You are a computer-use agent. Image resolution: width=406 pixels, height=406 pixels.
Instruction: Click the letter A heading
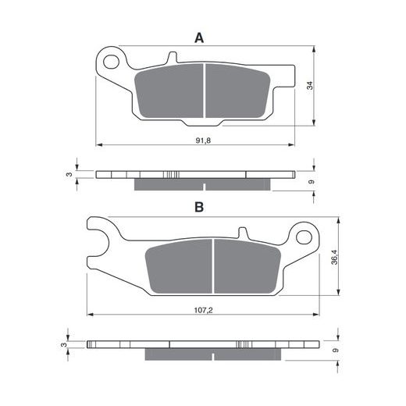199,38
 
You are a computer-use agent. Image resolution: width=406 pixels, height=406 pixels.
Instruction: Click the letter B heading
199,207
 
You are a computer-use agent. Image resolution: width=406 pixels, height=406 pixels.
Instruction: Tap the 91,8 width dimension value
203,141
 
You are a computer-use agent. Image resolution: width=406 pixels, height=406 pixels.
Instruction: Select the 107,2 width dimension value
203,310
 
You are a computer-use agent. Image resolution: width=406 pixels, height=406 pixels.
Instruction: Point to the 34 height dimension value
310,86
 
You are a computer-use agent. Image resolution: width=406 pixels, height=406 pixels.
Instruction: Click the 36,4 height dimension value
334,257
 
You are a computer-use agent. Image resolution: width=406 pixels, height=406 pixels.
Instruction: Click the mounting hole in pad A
111,62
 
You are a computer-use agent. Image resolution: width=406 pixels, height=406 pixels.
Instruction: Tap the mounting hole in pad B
304,237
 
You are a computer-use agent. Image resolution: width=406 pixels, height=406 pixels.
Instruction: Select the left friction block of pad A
169,91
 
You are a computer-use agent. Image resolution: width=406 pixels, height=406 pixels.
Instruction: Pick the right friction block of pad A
237,91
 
